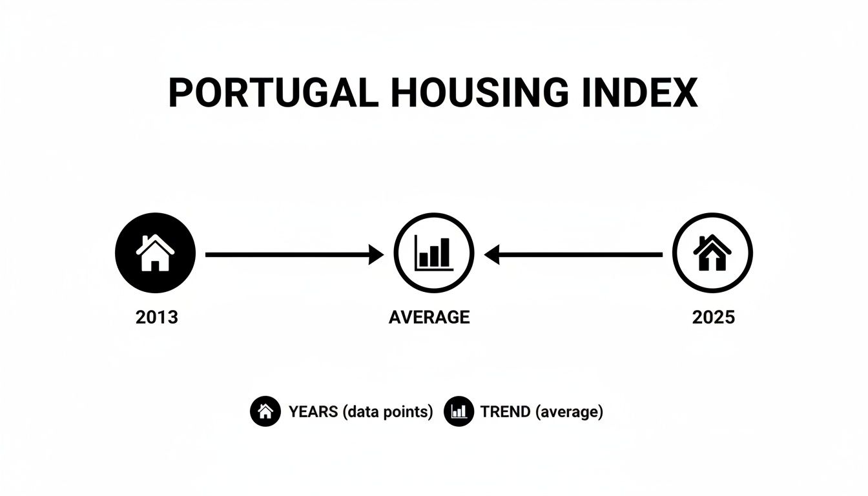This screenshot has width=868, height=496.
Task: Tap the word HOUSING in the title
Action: pos(480,93)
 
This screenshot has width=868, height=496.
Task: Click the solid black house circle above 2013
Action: pos(155,253)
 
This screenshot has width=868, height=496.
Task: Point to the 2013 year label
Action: pos(156,317)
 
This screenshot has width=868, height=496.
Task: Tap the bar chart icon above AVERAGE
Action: pos(433,253)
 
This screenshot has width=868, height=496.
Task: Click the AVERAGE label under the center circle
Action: pos(429,317)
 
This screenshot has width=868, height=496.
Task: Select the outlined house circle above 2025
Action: pos(712,253)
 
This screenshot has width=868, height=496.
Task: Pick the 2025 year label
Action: pos(713,317)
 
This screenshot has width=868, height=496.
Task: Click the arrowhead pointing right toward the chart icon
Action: pos(377,255)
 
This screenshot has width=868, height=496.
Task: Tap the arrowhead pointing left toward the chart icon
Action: pos(492,255)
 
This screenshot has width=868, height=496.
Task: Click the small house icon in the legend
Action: pos(265,411)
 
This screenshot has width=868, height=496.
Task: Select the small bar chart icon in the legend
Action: pos(459,411)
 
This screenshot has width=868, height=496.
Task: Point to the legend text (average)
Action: pos(570,411)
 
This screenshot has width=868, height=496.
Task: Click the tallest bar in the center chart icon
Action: pos(444,252)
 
